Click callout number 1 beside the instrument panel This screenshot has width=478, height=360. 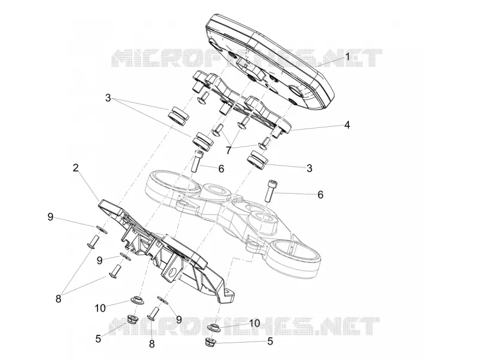pos(347,57)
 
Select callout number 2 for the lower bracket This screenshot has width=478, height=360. pos(76,167)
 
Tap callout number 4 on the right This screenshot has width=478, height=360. pos(347,125)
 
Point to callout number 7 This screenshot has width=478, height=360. pos(229,150)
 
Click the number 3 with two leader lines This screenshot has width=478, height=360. pos(108,98)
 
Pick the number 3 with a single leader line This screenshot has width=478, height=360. pos(310,168)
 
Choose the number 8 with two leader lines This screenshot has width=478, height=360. pos(58,298)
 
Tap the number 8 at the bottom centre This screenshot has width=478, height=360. pos(152,344)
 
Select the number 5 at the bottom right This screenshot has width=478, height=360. pos(270,341)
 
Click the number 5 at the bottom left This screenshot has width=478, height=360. pos(98,338)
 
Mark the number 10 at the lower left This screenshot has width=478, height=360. pos(100,308)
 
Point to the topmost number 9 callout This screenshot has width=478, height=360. pos(50,217)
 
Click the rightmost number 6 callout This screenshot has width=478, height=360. pos(320,194)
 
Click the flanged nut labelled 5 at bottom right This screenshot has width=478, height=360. pos(210,342)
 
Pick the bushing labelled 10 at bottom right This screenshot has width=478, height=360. pos(213,328)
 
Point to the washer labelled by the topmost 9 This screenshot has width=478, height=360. pos(101,228)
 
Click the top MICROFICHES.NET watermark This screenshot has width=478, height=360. pos(247,58)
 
